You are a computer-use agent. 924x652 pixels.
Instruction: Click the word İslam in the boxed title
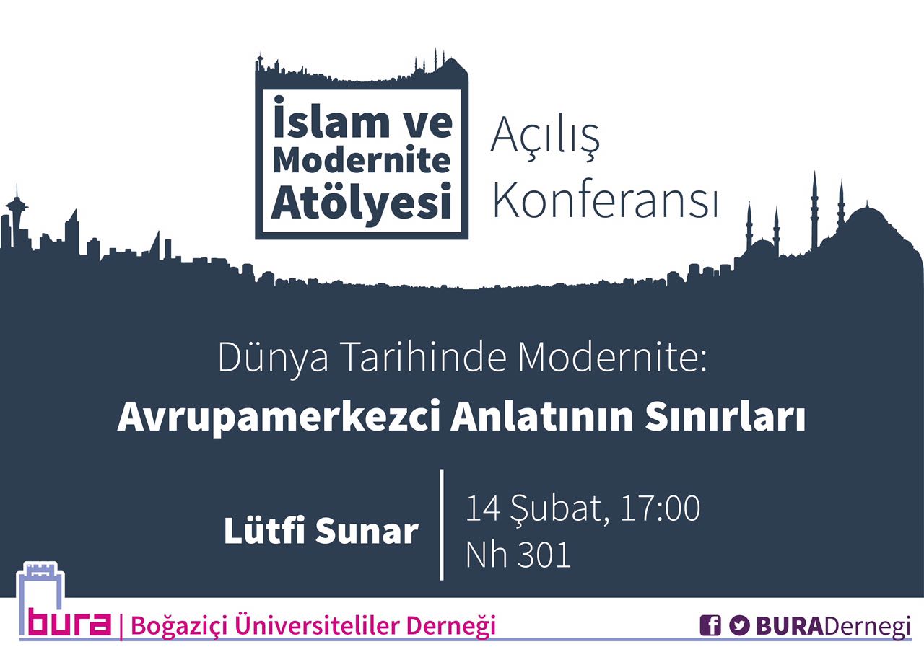[331, 118]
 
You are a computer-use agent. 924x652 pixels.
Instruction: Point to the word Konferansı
[606, 199]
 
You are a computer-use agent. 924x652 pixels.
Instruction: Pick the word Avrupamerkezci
[279, 417]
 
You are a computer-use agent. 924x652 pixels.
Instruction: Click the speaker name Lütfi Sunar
[321, 531]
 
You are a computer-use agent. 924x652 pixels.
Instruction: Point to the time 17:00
[660, 508]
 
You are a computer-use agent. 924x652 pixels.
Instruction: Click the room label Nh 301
[518, 555]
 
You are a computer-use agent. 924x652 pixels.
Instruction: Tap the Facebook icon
[710, 625]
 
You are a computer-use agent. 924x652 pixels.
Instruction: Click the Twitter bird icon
[739, 625]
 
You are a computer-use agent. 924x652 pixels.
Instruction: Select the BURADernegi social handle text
[833, 626]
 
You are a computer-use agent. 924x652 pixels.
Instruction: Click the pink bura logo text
[70, 622]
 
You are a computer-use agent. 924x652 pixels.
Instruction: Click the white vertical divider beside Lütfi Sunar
[442, 524]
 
